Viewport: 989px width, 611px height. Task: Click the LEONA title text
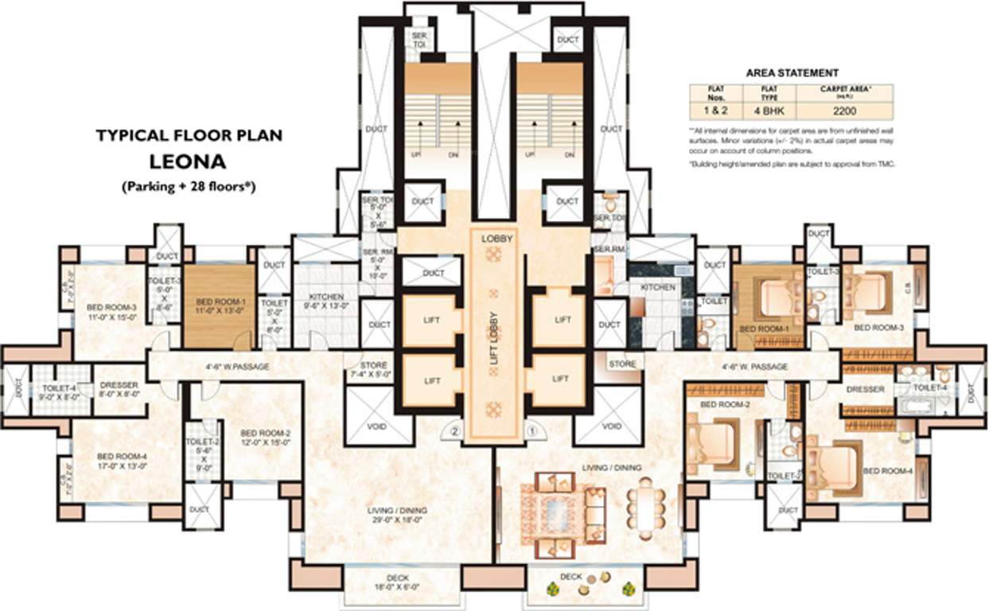point(188,162)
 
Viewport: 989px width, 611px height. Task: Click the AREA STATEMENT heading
point(792,72)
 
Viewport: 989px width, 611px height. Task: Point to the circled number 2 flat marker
point(455,432)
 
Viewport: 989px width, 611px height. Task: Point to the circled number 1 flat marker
point(534,432)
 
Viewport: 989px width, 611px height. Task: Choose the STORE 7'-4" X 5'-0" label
point(372,369)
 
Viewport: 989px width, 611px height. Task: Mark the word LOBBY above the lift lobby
point(494,238)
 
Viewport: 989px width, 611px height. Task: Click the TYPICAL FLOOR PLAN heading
point(188,136)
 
